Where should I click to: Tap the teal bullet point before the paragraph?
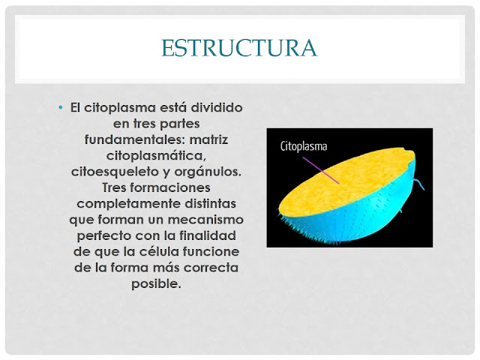[x=61, y=108]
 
